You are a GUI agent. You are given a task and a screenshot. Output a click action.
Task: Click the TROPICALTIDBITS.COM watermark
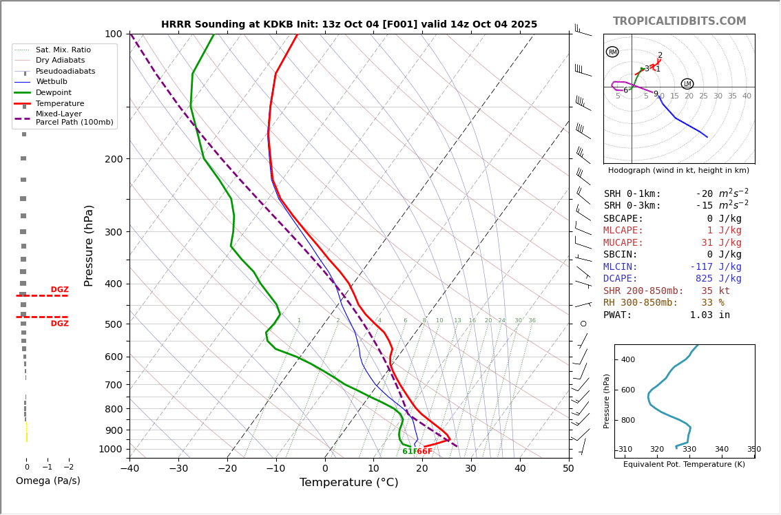click(x=679, y=21)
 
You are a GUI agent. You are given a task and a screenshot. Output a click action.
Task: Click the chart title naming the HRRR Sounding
click(x=349, y=25)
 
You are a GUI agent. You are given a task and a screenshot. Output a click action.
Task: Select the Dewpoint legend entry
click(x=53, y=93)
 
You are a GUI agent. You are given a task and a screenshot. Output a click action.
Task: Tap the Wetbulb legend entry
click(x=51, y=82)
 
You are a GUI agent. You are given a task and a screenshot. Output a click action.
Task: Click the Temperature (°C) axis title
click(x=349, y=483)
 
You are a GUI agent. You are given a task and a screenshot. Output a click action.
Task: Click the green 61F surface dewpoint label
click(x=409, y=452)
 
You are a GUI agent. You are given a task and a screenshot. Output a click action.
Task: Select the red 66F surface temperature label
click(x=425, y=452)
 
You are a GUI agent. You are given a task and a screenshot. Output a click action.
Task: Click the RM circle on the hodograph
click(x=612, y=52)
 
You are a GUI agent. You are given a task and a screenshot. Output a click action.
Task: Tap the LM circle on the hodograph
click(x=687, y=84)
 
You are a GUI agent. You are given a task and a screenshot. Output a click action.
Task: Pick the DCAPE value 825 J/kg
click(x=718, y=279)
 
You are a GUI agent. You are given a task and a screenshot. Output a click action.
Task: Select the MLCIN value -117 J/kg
click(x=716, y=267)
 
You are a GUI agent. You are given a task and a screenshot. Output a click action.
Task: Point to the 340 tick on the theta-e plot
click(x=721, y=450)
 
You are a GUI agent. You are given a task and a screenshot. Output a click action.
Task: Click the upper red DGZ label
click(x=59, y=290)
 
